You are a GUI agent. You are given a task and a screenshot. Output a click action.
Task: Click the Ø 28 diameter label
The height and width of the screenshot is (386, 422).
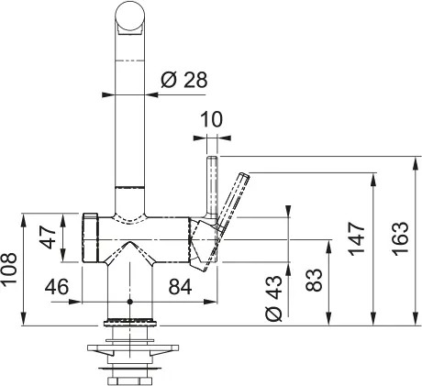tap(183, 80)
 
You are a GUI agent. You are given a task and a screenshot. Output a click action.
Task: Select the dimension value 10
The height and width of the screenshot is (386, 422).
tap(212, 118)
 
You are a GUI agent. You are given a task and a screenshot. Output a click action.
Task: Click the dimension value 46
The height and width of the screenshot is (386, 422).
tap(58, 287)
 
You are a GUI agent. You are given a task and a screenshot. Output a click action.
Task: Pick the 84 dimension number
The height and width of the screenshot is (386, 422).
tap(179, 287)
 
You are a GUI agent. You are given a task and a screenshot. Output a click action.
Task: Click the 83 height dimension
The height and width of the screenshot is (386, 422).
tap(313, 280)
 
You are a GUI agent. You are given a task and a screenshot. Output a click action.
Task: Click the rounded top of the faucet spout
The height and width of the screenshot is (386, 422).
tap(129, 17)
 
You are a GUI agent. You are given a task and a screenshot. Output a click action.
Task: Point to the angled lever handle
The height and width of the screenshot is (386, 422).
tap(232, 204)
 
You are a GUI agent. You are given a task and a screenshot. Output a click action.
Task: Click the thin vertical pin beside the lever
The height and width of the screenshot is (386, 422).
tap(211, 188)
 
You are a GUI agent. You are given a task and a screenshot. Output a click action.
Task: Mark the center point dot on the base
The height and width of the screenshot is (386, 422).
tap(129, 301)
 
